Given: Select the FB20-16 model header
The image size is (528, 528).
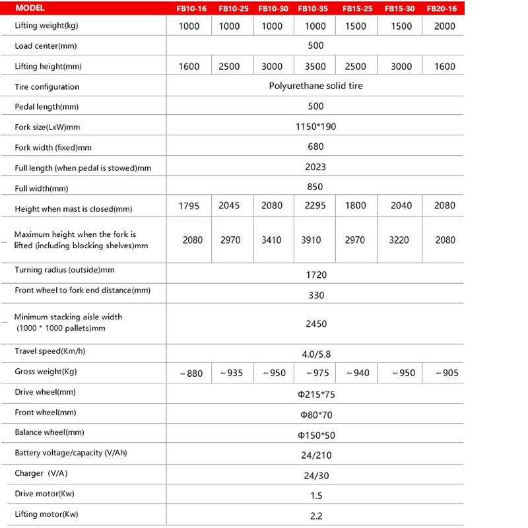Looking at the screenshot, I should [441, 9].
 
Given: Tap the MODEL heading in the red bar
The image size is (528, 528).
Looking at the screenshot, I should [30, 9].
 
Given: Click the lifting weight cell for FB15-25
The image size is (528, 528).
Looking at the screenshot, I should [357, 26].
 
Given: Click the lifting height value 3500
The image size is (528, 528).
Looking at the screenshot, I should [315, 67].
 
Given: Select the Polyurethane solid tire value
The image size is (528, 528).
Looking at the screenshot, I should [315, 86].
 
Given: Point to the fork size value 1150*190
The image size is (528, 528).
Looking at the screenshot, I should [315, 126].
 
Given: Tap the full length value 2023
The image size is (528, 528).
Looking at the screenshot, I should [315, 167].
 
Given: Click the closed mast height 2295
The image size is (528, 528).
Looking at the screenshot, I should [315, 207].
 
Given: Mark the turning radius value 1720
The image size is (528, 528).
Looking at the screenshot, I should [315, 275].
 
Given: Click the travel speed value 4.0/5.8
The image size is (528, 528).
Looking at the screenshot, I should [315, 354].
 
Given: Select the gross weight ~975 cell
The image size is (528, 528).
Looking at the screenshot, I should [315, 373].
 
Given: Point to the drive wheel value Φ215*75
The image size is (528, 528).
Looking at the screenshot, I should [315, 395].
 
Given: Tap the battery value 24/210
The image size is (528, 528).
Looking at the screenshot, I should [315, 455].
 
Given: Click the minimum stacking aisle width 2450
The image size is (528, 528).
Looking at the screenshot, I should [315, 323].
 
